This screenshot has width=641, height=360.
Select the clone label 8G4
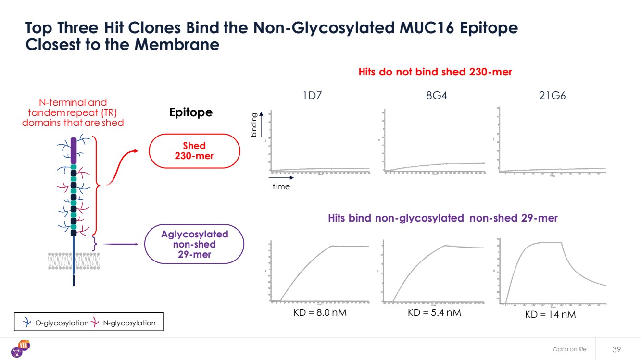(x=436, y=96)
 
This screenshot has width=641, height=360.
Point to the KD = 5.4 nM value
(x=434, y=313)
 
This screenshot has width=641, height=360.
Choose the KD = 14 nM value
(x=550, y=315)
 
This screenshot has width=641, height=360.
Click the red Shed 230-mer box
(x=194, y=150)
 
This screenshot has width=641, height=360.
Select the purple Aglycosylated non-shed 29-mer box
(x=194, y=244)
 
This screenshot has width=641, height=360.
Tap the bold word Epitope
(x=191, y=112)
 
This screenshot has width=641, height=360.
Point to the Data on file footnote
(x=570, y=349)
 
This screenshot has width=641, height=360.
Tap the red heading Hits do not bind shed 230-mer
(x=435, y=72)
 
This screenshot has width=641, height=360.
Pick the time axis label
(x=281, y=186)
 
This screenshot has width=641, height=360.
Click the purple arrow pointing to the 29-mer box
(x=120, y=244)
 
